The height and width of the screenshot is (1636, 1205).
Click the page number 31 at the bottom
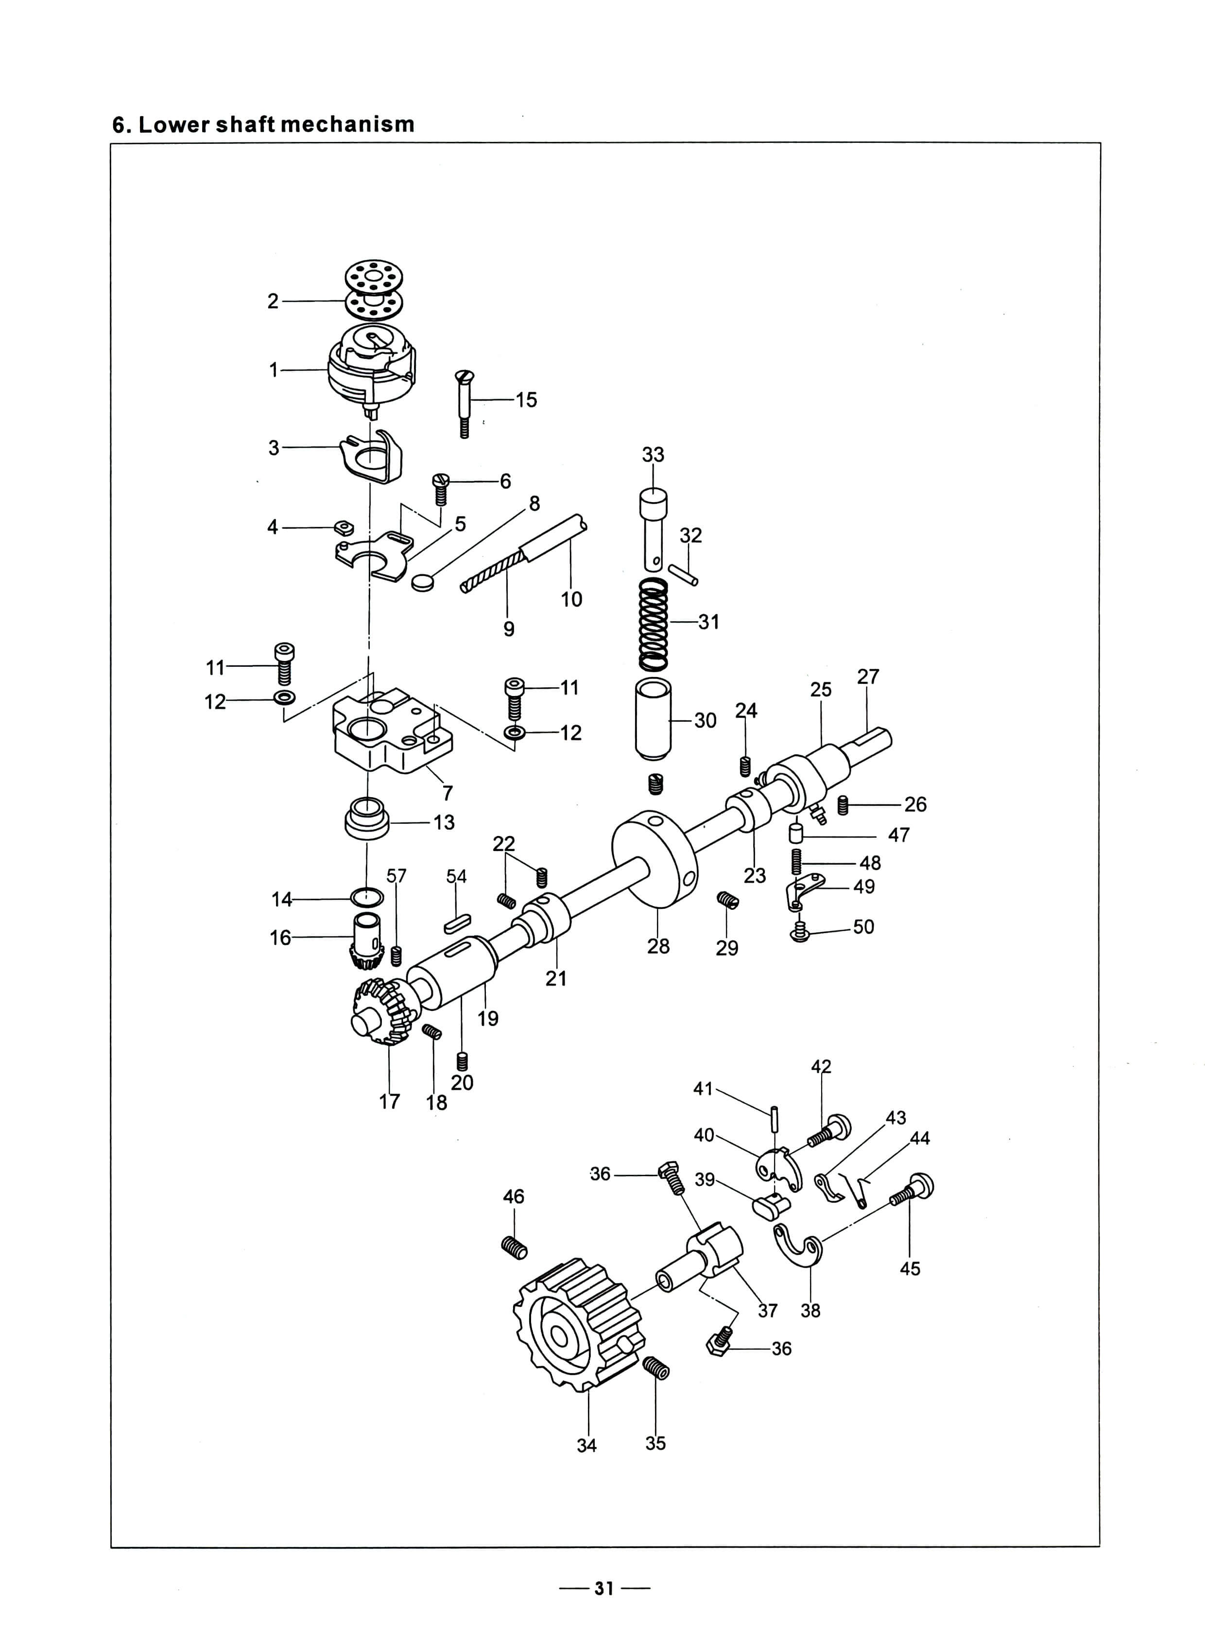tap(603, 1588)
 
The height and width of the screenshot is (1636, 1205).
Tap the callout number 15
tap(526, 400)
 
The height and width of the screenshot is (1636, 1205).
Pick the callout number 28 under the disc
tap(658, 946)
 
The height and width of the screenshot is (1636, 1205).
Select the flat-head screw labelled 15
tap(464, 403)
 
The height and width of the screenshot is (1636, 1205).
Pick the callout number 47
tap(898, 835)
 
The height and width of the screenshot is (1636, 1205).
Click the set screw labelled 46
tap(514, 1247)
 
